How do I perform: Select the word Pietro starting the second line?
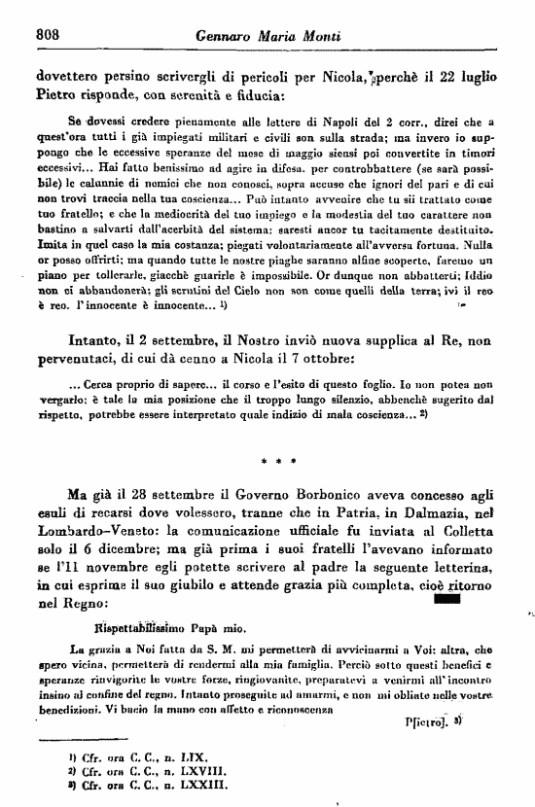(x=56, y=96)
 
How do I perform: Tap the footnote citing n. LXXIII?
(x=136, y=782)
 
